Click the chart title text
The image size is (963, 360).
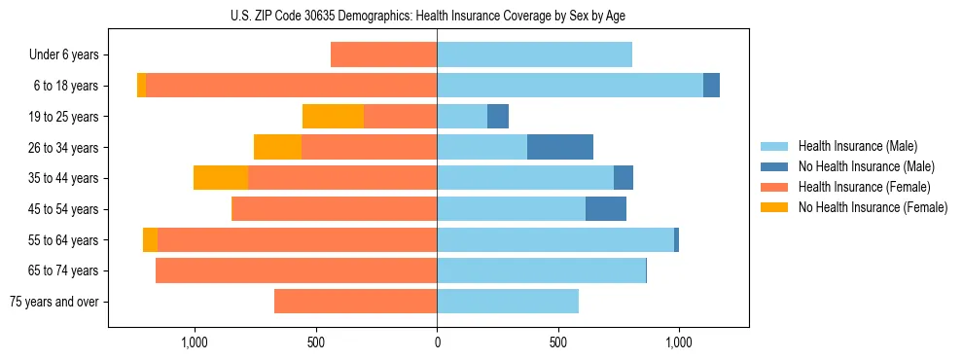click(x=429, y=16)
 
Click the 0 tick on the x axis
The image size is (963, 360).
click(x=437, y=342)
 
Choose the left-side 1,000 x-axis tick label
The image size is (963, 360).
click(x=195, y=342)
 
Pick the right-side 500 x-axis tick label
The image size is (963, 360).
click(x=557, y=342)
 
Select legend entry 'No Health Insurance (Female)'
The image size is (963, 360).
click(x=873, y=207)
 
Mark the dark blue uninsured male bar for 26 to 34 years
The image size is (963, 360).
click(x=560, y=147)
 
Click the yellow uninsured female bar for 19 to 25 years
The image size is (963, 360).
click(x=333, y=117)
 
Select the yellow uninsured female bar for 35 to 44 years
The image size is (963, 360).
click(x=221, y=178)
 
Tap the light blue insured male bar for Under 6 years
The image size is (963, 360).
click(x=534, y=54)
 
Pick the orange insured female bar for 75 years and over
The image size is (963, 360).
click(x=355, y=302)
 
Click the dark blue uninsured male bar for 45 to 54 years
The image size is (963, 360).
click(x=606, y=209)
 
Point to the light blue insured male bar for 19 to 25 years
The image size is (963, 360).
click(x=462, y=117)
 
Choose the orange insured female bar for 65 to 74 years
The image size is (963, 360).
click(x=296, y=270)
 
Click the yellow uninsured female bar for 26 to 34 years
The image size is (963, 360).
click(x=277, y=147)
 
